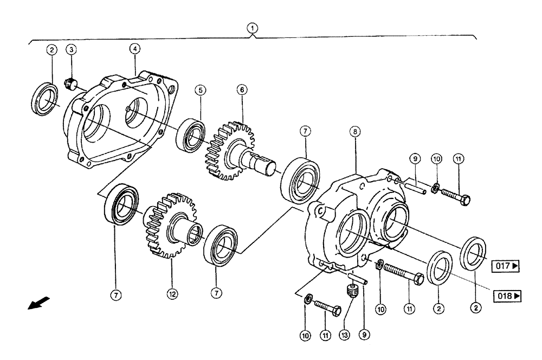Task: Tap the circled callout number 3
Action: [71, 50]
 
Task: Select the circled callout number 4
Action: [134, 49]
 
